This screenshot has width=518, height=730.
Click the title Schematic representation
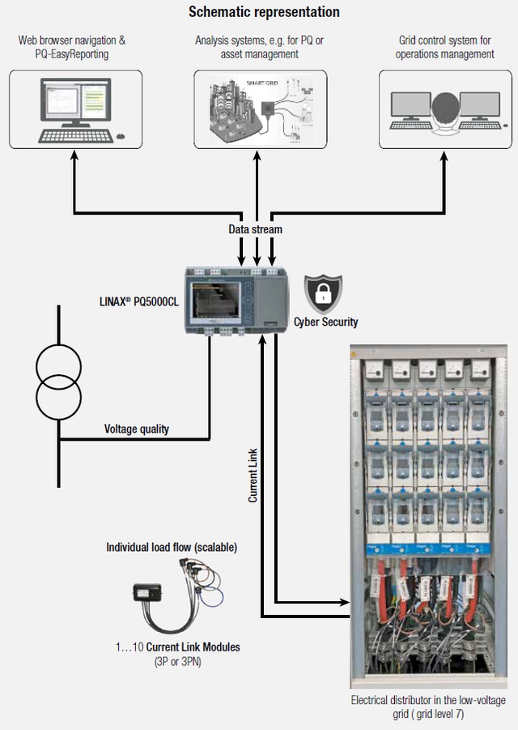264,12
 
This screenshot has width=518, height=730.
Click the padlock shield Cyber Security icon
323,295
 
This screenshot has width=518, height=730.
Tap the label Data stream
255,229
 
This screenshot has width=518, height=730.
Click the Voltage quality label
137,429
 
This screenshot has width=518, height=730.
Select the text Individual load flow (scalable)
172,548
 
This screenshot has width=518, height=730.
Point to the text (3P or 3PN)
178,662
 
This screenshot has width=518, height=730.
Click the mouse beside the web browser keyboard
121,135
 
